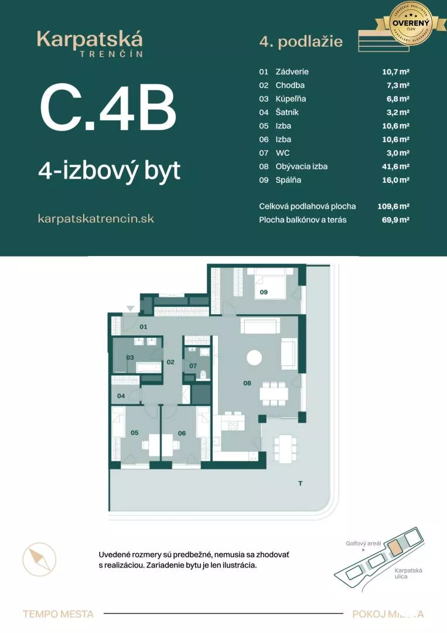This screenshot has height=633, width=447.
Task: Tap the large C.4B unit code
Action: [x=108, y=110]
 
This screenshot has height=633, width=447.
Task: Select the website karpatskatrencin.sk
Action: [x=95, y=218]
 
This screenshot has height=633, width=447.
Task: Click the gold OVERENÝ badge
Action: [x=411, y=23]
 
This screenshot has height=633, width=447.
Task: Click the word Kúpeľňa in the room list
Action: [x=291, y=98]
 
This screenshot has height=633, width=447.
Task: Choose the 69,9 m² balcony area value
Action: [x=395, y=220]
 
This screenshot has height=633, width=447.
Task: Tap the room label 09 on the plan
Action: [x=264, y=291]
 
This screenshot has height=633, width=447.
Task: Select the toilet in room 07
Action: [x=203, y=375]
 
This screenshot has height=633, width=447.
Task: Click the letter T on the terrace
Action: [x=300, y=484]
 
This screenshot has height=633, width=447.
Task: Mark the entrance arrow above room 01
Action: [x=131, y=308]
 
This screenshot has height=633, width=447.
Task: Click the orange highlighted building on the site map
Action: [x=396, y=548]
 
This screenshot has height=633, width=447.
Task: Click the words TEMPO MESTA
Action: [x=58, y=614]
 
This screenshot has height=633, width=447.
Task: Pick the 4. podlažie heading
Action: [x=301, y=42]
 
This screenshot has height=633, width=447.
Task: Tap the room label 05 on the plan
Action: [x=134, y=433]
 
